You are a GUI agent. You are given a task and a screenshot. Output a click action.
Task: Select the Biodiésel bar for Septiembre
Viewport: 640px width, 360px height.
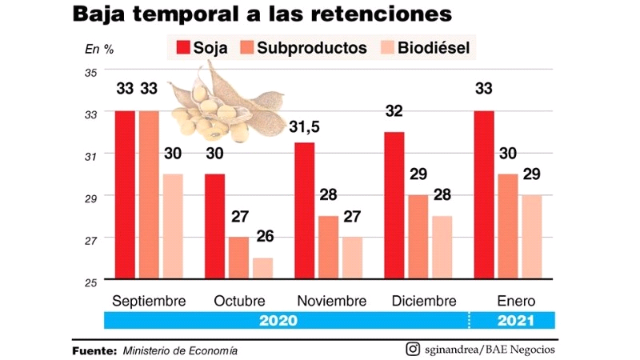[x=172, y=227]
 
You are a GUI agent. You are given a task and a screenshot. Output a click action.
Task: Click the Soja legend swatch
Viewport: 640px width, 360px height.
[x=183, y=47]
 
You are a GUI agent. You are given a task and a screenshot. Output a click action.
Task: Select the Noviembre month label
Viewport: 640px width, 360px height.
[x=331, y=302]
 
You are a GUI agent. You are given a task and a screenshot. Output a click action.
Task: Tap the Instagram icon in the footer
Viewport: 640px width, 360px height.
[x=413, y=349]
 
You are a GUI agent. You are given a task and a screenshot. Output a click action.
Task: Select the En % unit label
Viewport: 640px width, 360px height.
[x=99, y=48]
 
